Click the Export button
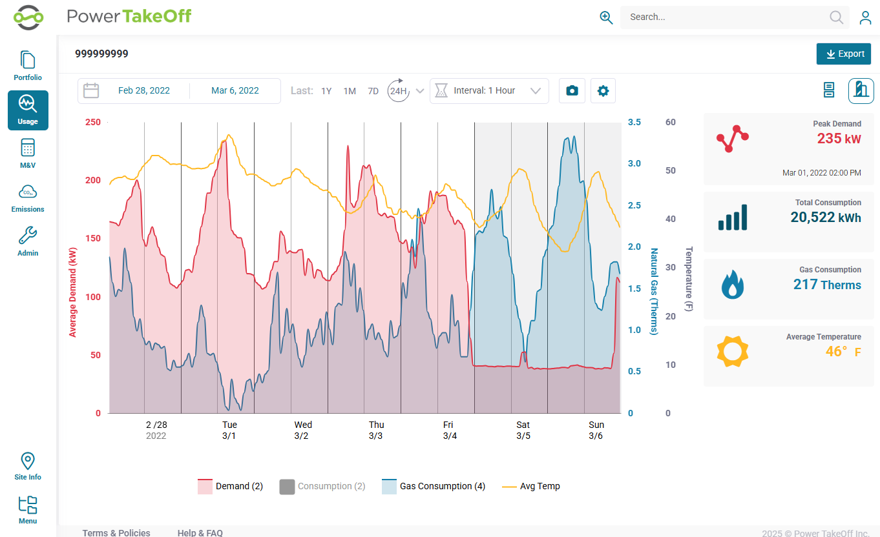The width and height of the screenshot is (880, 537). click(x=843, y=54)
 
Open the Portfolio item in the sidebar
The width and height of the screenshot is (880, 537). click(x=28, y=66)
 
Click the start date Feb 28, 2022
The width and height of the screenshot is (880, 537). click(x=144, y=90)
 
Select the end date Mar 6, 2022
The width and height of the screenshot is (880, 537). click(x=235, y=90)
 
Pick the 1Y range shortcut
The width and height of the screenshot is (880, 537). click(x=326, y=91)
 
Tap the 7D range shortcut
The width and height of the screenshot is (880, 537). click(x=373, y=91)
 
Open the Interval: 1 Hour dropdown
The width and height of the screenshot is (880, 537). click(x=489, y=90)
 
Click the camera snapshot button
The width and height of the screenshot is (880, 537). click(x=572, y=90)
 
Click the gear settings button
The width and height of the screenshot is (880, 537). click(x=603, y=90)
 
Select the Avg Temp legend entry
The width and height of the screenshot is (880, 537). click(x=530, y=487)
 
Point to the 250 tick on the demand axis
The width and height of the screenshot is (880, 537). click(x=92, y=122)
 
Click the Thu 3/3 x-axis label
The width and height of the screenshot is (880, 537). click(x=376, y=431)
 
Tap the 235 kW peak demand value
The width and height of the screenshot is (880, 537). click(x=839, y=139)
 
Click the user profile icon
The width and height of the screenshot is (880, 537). click(x=865, y=17)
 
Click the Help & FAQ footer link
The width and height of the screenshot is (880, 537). click(x=200, y=532)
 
